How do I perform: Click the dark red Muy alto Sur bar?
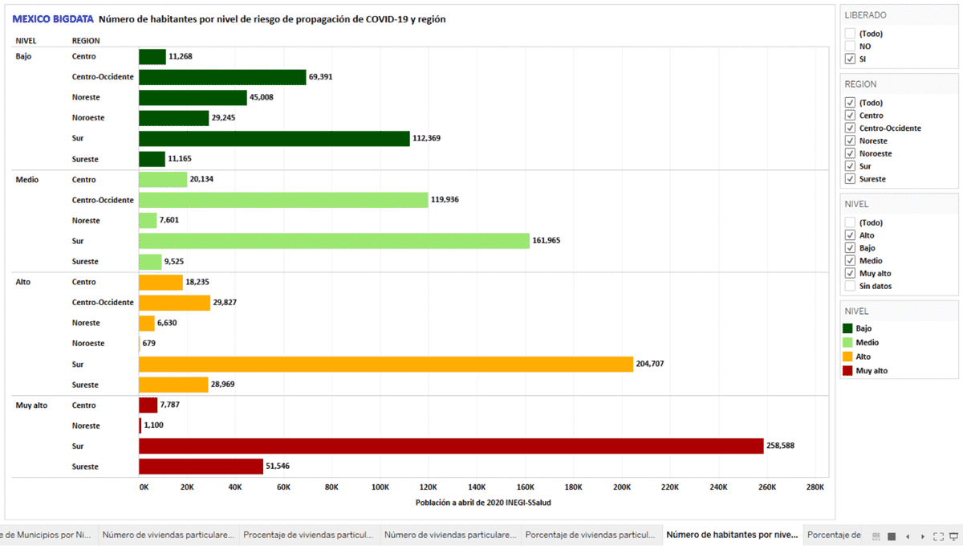tap(450, 446)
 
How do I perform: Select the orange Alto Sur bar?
tap(385, 364)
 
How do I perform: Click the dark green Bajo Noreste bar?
tap(193, 97)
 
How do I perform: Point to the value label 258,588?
tap(781, 446)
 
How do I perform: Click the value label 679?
tap(148, 343)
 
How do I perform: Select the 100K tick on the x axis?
tap(380, 487)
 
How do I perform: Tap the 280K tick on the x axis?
tap(815, 487)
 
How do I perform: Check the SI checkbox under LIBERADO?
tap(850, 59)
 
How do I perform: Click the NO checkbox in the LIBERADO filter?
tap(850, 47)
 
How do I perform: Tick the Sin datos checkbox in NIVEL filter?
tap(850, 286)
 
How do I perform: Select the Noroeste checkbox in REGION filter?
tap(850, 153)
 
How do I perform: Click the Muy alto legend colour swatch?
tap(847, 371)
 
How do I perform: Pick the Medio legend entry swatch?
tap(847, 343)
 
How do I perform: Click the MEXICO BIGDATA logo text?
tap(53, 19)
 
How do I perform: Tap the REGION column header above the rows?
tap(86, 40)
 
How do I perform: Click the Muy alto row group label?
tap(31, 405)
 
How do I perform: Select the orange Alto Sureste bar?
tap(173, 385)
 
